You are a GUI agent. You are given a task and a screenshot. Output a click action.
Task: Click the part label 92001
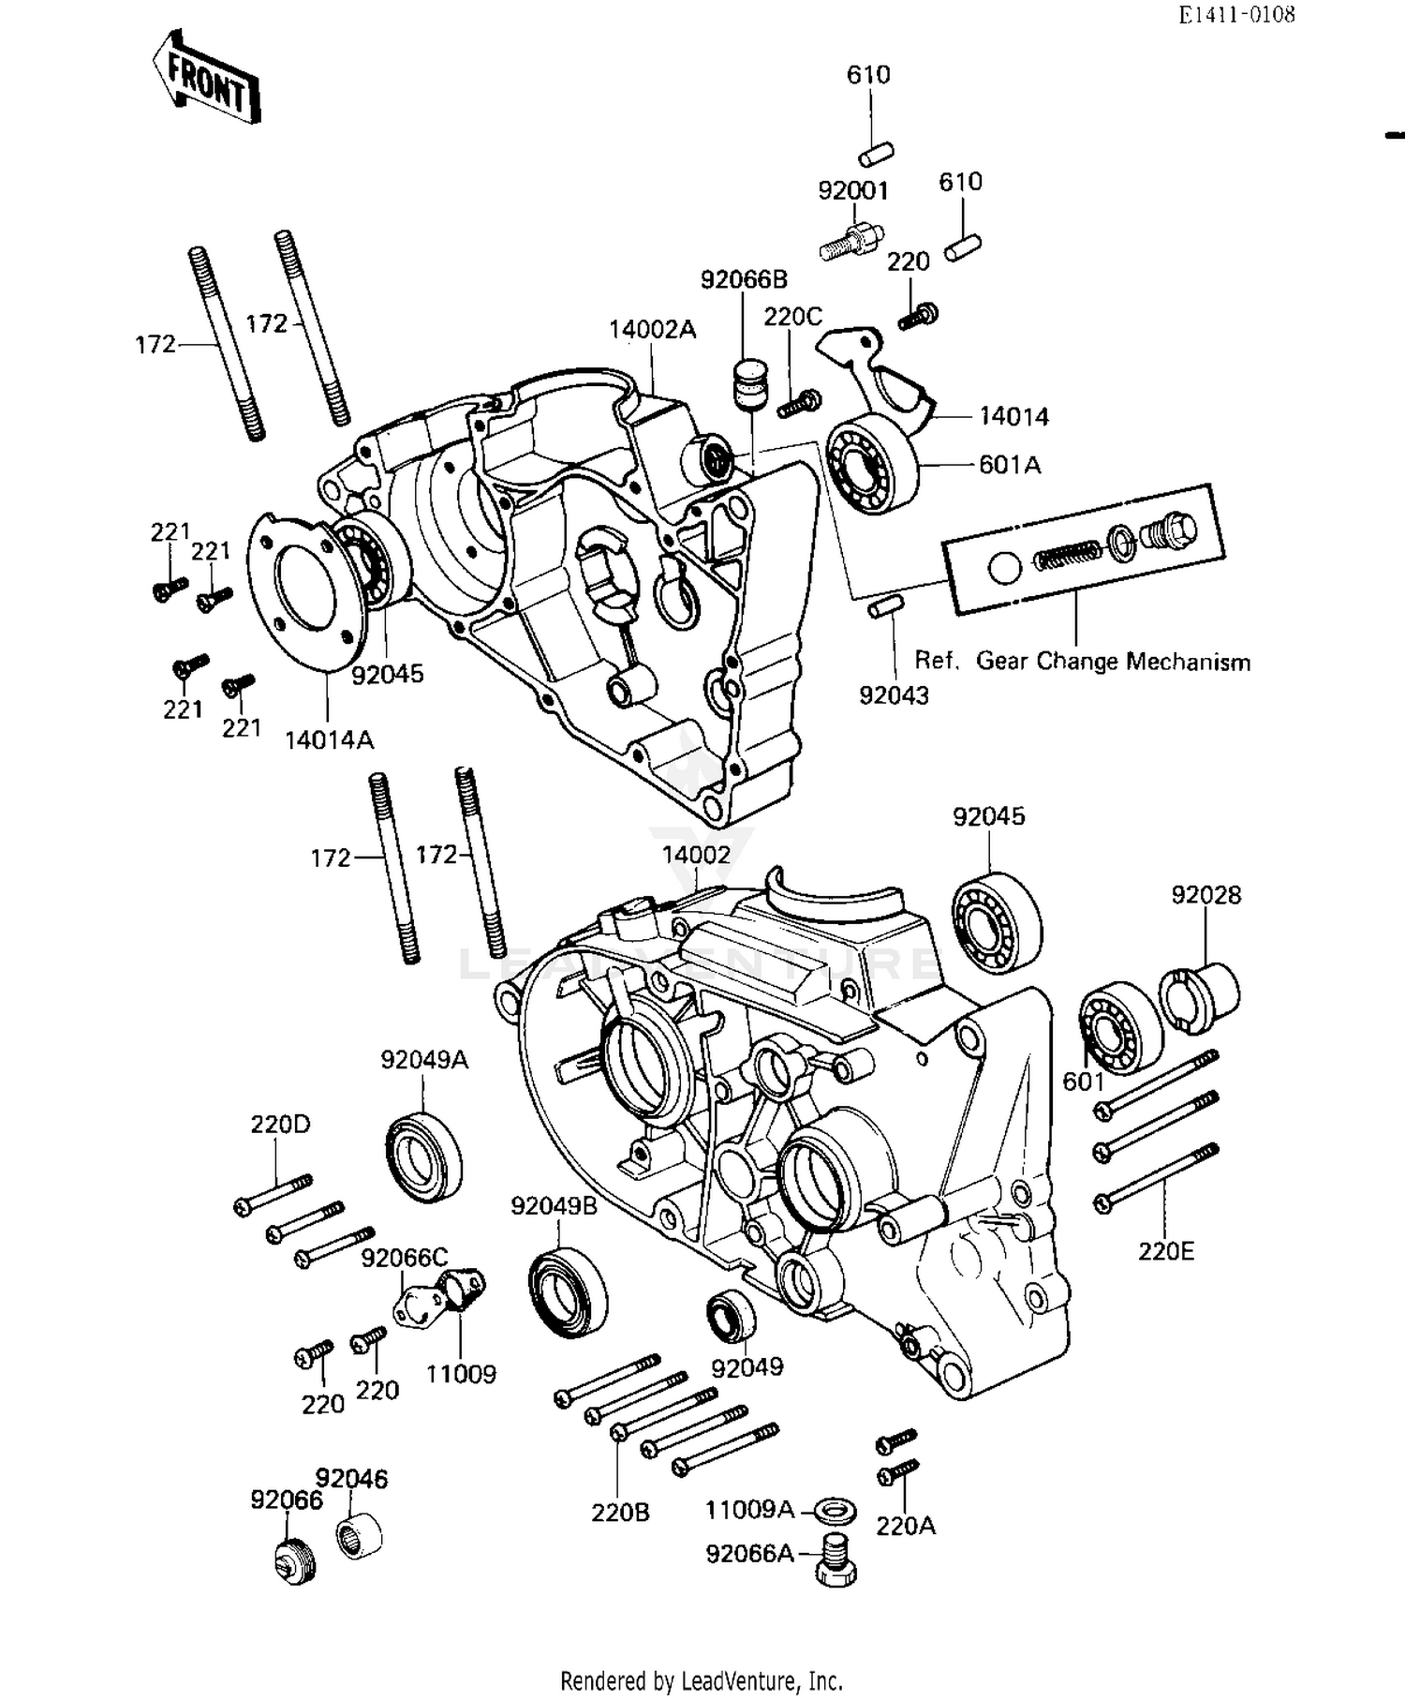coord(852,190)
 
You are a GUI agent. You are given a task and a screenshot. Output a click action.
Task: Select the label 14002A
coord(652,330)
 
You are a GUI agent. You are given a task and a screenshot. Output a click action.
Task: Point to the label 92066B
coord(744,279)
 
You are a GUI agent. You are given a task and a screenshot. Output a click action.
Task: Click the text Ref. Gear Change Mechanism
coord(1082,662)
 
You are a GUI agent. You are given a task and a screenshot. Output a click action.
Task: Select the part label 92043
coord(894,694)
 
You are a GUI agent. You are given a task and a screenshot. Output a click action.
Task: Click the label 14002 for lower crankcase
coord(696,855)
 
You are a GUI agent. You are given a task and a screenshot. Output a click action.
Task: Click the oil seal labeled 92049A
coord(424,1155)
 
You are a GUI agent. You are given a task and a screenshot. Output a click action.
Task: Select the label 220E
coord(1165,1251)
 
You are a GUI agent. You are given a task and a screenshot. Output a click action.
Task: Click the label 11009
coord(460,1374)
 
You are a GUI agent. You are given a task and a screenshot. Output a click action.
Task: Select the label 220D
coord(279,1124)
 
